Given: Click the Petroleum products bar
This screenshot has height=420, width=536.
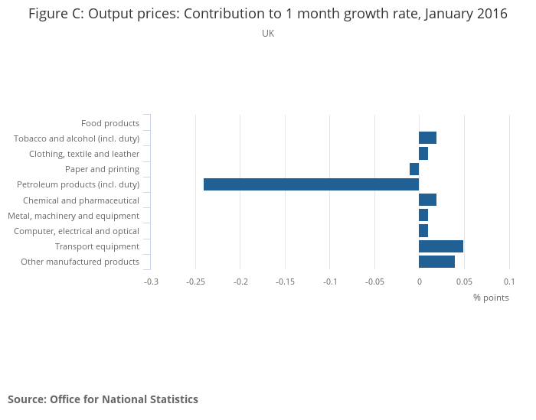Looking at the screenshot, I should tap(311, 184).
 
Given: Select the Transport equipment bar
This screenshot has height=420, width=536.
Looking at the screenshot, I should tap(440, 246).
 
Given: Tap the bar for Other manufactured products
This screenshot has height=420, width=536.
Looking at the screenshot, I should tap(436, 262).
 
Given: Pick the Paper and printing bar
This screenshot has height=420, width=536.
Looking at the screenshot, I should tap(414, 169).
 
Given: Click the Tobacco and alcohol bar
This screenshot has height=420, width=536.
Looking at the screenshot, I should tap(427, 138).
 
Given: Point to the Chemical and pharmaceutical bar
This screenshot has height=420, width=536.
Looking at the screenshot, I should tap(427, 200).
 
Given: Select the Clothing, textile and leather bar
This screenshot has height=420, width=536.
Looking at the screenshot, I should tap(423, 154).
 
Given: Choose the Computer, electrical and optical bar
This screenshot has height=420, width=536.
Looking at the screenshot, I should tap(423, 231).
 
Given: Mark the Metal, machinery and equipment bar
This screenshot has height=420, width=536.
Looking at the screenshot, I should tap(423, 216).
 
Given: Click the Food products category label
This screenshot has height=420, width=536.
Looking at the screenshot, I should tap(110, 123).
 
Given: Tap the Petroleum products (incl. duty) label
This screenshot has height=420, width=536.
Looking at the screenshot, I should tap(78, 184).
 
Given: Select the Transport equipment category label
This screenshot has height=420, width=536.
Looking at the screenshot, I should tap(97, 246).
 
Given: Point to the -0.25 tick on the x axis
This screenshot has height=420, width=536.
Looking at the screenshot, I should tap(196, 282).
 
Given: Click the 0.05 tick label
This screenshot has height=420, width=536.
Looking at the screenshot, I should tap(463, 282).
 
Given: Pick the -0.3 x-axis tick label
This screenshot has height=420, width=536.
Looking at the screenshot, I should tap(152, 282).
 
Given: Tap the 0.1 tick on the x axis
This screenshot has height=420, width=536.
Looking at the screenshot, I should tap(509, 282).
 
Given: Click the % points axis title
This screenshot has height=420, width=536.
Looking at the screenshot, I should tap(490, 298).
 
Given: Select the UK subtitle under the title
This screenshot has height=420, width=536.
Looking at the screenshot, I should tap(268, 34).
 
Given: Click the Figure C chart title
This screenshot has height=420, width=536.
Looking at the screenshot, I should tap(268, 15).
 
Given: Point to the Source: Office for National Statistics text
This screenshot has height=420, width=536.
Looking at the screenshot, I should tap(103, 399).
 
